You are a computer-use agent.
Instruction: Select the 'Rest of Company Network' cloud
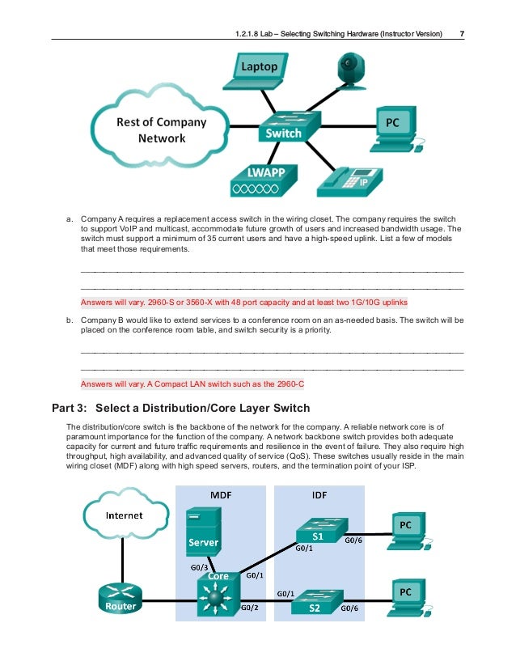pyautogui.click(x=161, y=130)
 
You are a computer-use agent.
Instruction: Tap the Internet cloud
pyautogui.click(x=124, y=515)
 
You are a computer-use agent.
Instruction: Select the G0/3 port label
pyautogui.click(x=199, y=567)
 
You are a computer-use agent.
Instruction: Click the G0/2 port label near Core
pyautogui.click(x=252, y=606)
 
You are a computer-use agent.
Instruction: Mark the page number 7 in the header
pyautogui.click(x=461, y=34)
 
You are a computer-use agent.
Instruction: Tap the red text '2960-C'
pyautogui.click(x=291, y=384)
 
